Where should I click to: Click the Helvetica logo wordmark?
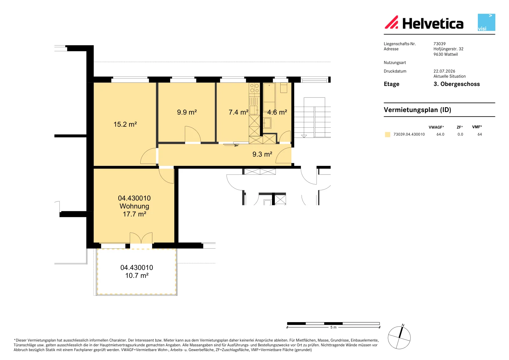433,24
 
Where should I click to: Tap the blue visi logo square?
486,22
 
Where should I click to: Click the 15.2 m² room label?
125,124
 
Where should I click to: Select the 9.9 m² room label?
187,112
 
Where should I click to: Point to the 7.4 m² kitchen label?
238,112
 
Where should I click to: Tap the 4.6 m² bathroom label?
277,112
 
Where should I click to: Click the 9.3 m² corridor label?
262,154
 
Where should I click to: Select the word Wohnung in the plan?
134,206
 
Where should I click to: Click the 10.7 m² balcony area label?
137,275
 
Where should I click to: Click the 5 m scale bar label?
333,327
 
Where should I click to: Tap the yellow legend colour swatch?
387,134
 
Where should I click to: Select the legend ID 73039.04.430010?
409,134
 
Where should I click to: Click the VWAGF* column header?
436,127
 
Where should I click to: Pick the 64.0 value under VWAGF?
440,134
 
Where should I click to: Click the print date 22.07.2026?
444,71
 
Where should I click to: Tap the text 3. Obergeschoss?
457,84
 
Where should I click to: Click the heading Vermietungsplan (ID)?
417,109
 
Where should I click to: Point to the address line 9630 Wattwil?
445,54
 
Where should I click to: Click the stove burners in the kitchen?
254,88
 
